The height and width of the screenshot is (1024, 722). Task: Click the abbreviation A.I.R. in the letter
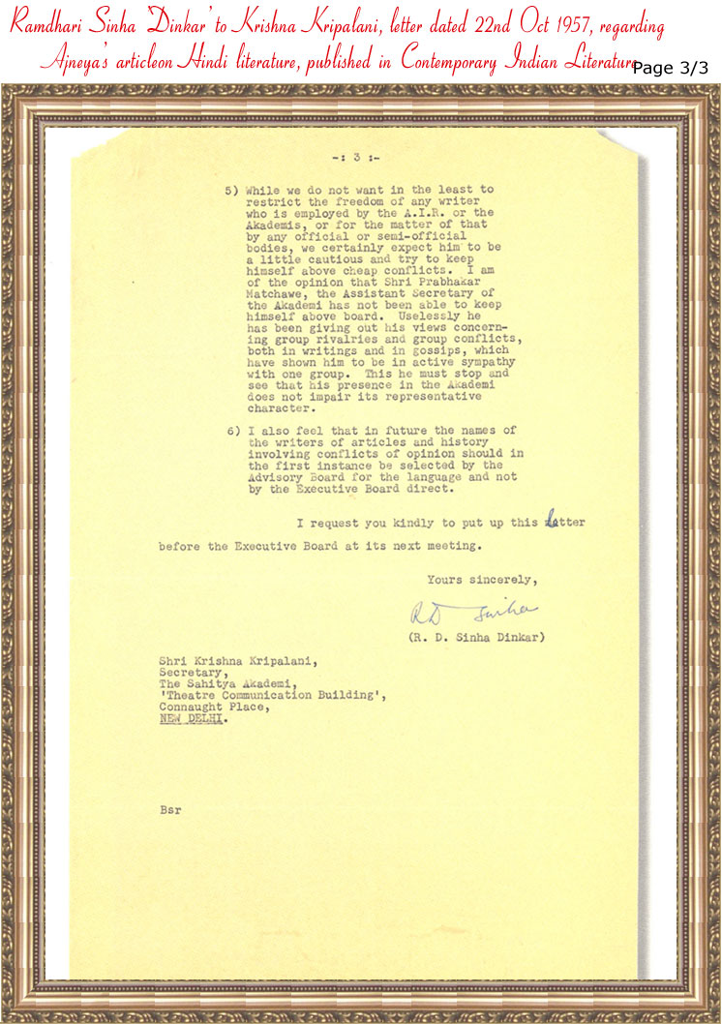[x=425, y=213]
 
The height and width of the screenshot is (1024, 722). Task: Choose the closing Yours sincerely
[x=479, y=580]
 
